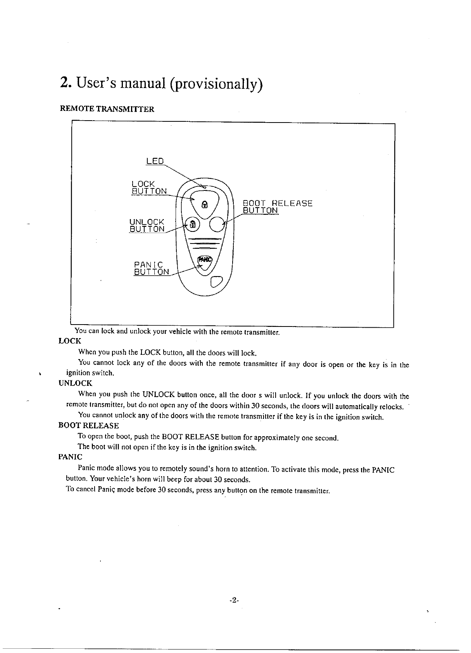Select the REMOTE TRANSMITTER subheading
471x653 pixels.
[107, 109]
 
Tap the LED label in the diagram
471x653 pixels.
[155, 161]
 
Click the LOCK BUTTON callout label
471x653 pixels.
[149, 187]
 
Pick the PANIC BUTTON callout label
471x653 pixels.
[151, 268]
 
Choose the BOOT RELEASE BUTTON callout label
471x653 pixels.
[277, 207]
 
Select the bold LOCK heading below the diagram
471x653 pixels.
[70, 341]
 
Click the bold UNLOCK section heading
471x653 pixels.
[75, 384]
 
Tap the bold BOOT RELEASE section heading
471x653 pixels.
[88, 425]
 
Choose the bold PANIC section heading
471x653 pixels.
[70, 457]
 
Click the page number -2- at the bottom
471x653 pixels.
[234, 600]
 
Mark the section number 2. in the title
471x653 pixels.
[65, 83]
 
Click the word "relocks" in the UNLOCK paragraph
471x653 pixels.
[392, 407]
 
